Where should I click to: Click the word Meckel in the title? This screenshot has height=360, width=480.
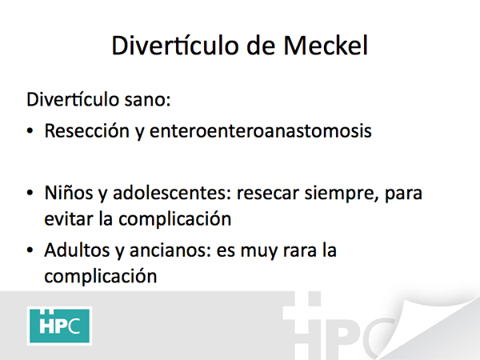pyautogui.click(x=326, y=46)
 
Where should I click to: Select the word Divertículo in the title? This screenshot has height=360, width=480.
pyautogui.click(x=175, y=46)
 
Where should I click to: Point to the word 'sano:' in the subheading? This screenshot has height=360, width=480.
pyautogui.click(x=147, y=100)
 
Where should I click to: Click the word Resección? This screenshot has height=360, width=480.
pyautogui.click(x=87, y=130)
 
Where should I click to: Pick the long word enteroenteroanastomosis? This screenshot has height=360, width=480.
pyautogui.click(x=261, y=130)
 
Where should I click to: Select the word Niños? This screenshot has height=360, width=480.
pyautogui.click(x=69, y=193)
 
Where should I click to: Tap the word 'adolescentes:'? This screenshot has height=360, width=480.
pyautogui.click(x=172, y=193)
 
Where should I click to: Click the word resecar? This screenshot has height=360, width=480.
pyautogui.click(x=268, y=194)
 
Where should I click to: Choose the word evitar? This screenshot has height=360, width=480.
pyautogui.click(x=69, y=219)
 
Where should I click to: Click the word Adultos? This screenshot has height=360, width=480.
pyautogui.click(x=77, y=250)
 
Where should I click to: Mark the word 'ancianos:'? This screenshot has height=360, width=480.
pyautogui.click(x=170, y=250)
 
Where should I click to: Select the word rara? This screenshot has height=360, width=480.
pyautogui.click(x=300, y=251)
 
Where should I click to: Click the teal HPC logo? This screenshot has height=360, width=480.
pyautogui.click(x=59, y=326)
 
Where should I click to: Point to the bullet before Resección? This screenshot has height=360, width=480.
pyautogui.click(x=30, y=131)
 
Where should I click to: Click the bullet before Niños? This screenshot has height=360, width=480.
pyautogui.click(x=30, y=193)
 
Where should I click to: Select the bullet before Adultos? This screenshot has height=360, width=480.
pyautogui.click(x=30, y=250)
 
